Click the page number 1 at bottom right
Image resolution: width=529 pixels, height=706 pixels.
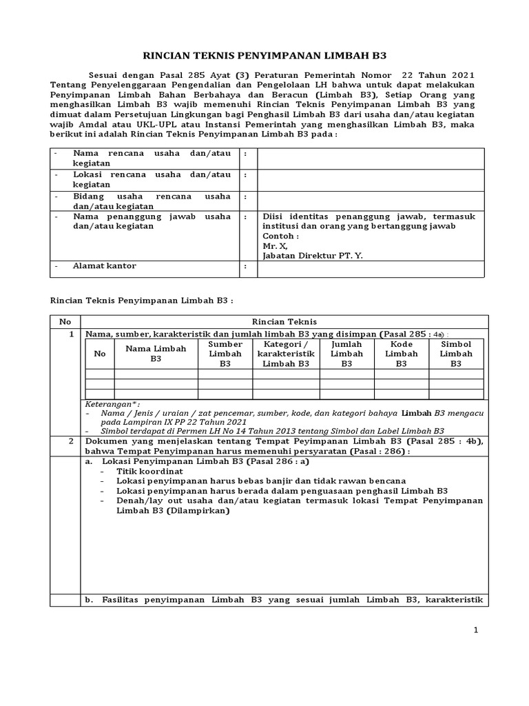[x=475, y=629]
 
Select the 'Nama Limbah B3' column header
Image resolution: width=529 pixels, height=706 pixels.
[x=156, y=354]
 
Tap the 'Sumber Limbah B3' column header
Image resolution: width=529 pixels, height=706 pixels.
[x=225, y=354]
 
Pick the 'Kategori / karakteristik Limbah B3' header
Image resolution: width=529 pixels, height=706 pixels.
[x=286, y=354]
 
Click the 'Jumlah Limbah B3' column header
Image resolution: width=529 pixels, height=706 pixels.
[x=346, y=354]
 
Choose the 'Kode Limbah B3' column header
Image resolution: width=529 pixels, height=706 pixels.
[x=401, y=354]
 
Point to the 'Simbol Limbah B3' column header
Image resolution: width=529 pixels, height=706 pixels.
[x=455, y=354]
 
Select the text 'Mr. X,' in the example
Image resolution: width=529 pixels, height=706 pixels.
[x=276, y=245]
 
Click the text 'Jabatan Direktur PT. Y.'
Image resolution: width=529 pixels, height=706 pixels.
[x=311, y=255]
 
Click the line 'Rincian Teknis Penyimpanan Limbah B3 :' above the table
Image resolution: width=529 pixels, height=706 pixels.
[x=143, y=301]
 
